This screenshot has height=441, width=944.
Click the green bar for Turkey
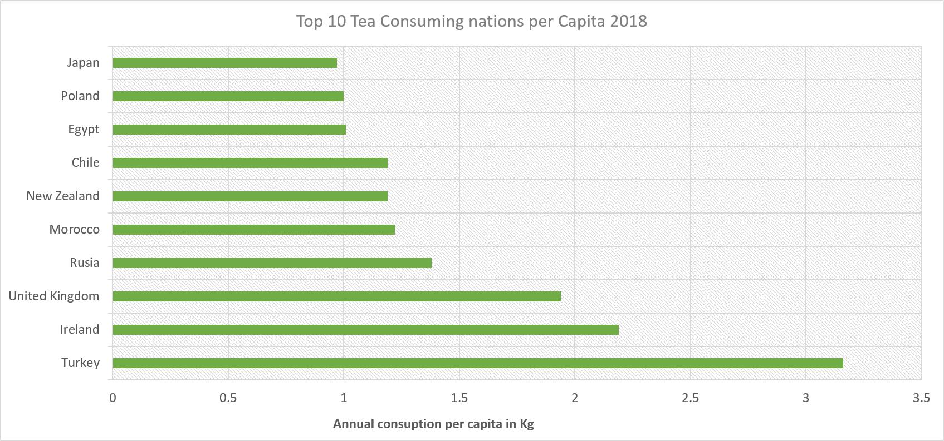click(x=478, y=363)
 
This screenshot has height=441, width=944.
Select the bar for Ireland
click(x=365, y=330)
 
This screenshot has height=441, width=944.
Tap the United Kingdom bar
click(x=336, y=296)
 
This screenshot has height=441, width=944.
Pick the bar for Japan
click(x=224, y=63)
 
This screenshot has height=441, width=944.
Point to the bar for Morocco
click(x=253, y=230)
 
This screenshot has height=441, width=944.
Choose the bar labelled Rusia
click(x=272, y=263)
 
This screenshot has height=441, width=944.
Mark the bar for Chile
click(x=250, y=163)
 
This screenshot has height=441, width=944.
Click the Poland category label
click(x=80, y=96)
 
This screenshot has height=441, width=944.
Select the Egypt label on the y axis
click(x=84, y=130)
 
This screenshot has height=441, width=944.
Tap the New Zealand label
click(x=63, y=196)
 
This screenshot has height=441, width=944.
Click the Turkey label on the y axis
click(x=80, y=363)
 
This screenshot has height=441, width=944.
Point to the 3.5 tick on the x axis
click(x=921, y=398)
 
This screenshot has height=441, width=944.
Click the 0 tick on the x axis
click(x=113, y=398)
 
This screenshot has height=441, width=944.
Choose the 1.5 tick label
click(x=459, y=398)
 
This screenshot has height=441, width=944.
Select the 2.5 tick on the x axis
click(x=690, y=398)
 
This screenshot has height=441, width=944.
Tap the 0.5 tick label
click(x=228, y=398)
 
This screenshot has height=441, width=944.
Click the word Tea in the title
click(x=363, y=21)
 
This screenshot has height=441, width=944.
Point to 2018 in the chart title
click(x=628, y=21)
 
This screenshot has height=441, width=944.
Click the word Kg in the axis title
click(x=526, y=424)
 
